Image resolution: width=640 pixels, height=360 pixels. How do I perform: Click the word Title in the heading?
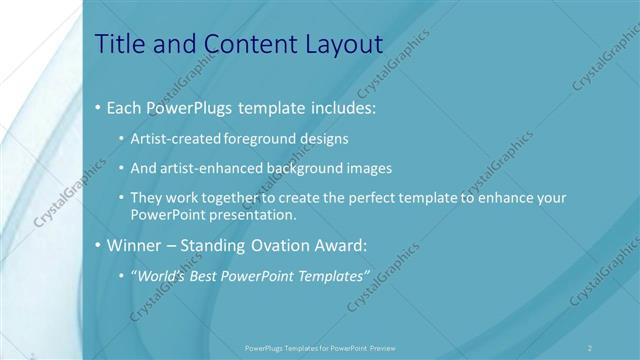click(118, 44)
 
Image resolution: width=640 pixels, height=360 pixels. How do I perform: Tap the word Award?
click(341, 245)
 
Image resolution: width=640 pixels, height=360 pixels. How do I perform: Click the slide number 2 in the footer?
click(591, 347)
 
